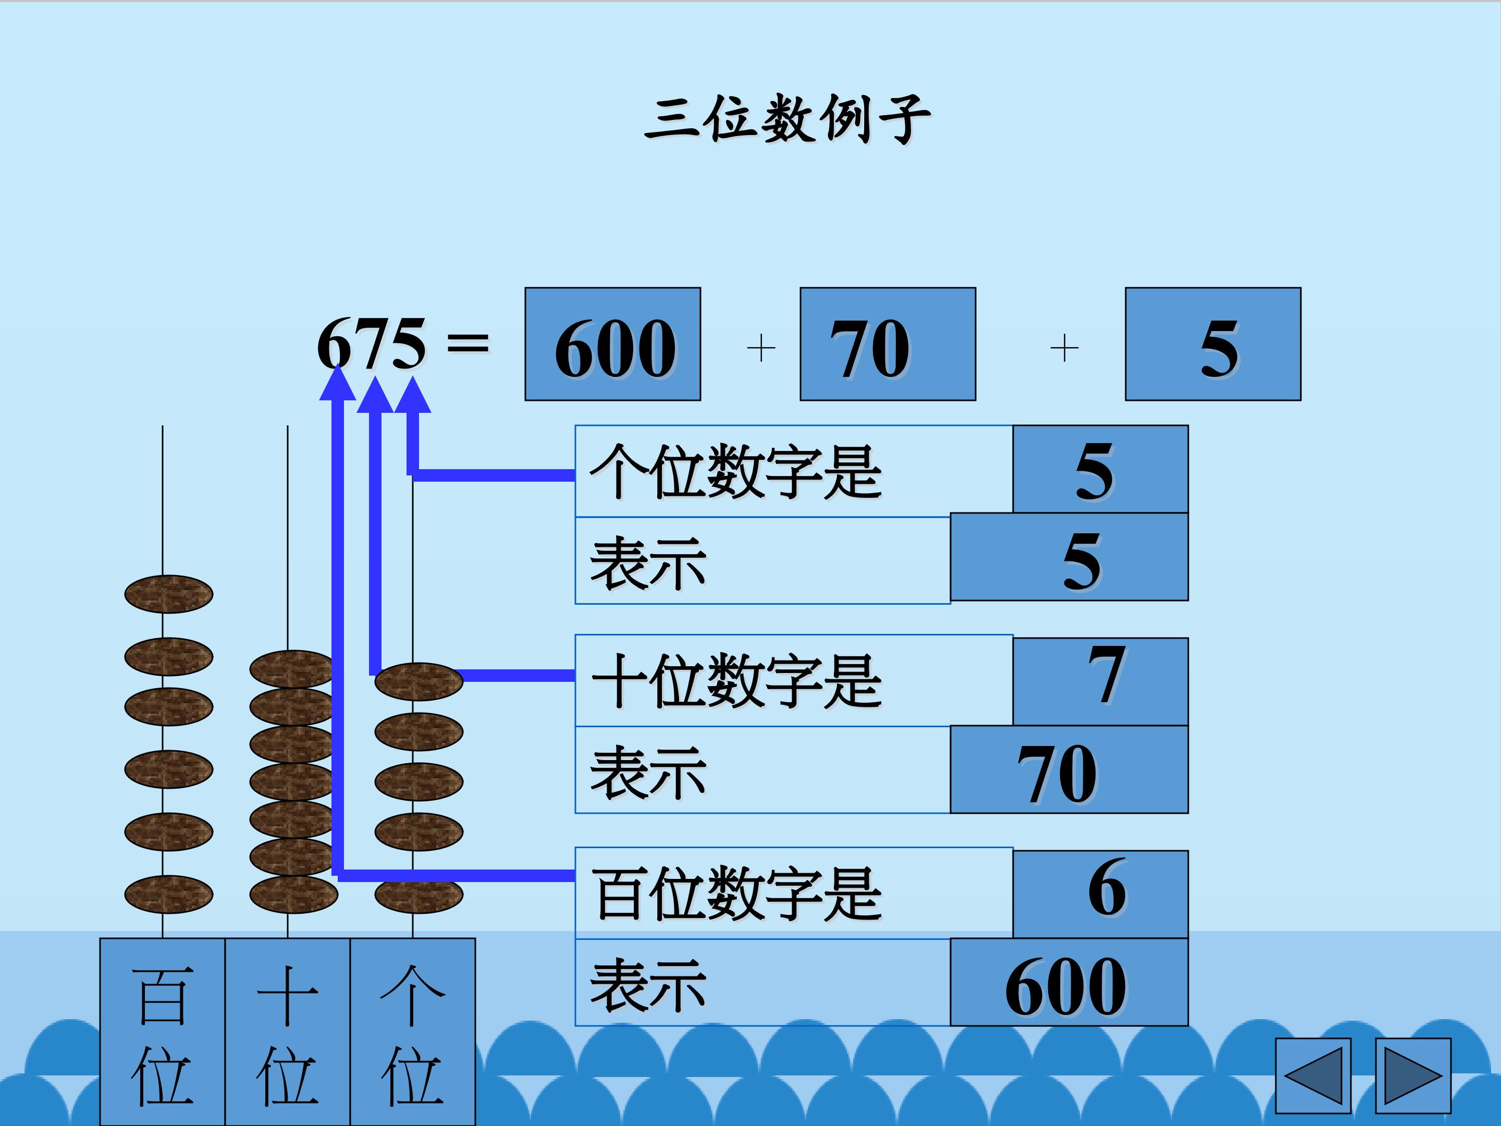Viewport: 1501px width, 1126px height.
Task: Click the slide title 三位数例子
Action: (x=787, y=119)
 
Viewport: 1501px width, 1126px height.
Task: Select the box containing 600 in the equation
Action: (x=613, y=344)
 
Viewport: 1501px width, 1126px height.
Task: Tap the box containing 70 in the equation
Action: (x=888, y=344)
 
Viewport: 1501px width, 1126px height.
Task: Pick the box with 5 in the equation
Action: (x=1213, y=344)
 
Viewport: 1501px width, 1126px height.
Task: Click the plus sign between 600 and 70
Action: (x=761, y=348)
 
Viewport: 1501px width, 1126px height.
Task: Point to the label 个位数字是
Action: (x=735, y=472)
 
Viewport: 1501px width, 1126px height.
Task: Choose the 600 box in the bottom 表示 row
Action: (x=1069, y=982)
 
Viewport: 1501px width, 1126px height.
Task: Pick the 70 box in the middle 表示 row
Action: (x=1069, y=769)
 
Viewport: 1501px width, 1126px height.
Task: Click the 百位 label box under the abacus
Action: (x=162, y=1032)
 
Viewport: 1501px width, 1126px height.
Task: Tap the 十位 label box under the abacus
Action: (x=287, y=1032)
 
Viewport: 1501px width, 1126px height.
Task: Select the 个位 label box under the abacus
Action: (x=413, y=1032)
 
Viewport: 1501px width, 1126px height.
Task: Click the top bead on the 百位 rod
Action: (x=168, y=594)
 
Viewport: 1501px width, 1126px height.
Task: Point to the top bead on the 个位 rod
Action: (x=419, y=681)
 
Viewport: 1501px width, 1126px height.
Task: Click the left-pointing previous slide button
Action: (x=1313, y=1076)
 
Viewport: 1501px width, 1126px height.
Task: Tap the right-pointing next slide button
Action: (x=1413, y=1076)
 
